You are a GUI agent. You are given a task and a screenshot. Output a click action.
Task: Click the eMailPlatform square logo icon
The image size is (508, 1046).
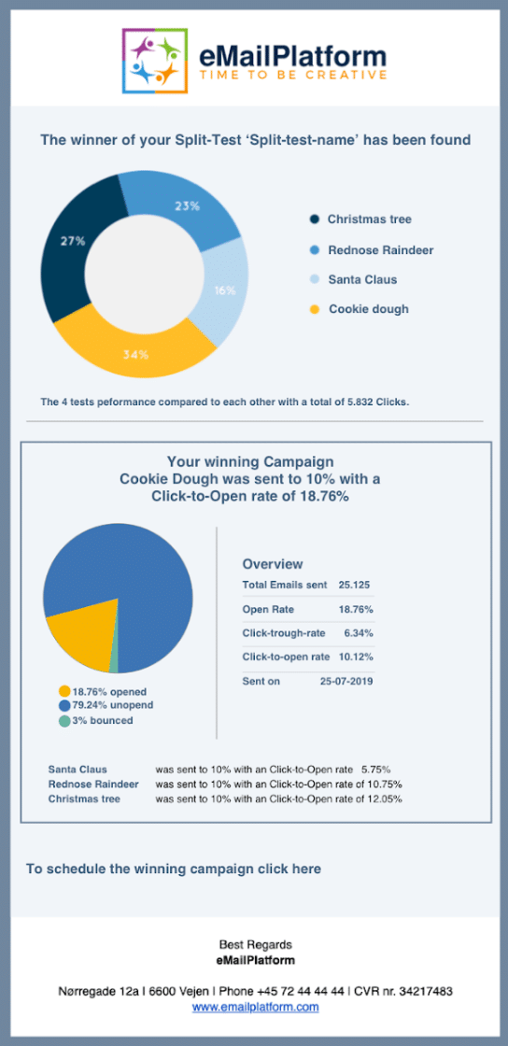(155, 61)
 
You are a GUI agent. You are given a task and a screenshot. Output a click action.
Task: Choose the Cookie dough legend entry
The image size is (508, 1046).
(360, 309)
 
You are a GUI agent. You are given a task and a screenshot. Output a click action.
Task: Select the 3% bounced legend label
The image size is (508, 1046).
(95, 720)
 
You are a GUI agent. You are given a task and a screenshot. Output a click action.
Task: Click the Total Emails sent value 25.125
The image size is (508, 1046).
(354, 585)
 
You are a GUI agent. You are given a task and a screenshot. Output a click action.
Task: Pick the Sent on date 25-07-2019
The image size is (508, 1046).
(346, 681)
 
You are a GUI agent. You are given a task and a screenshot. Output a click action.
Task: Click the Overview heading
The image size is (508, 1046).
(273, 564)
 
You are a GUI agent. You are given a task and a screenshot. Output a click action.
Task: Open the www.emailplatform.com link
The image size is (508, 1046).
(255, 1007)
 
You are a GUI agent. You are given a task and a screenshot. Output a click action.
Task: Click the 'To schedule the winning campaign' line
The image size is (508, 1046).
(174, 869)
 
